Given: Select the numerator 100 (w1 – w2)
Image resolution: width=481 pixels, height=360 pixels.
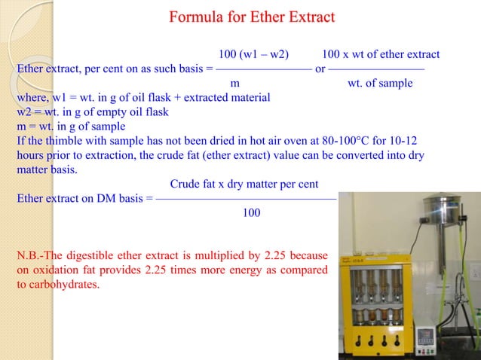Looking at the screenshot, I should (253, 55).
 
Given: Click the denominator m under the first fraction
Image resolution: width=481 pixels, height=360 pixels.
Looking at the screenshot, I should (234, 83).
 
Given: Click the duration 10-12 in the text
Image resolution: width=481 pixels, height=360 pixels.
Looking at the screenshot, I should (409, 141).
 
